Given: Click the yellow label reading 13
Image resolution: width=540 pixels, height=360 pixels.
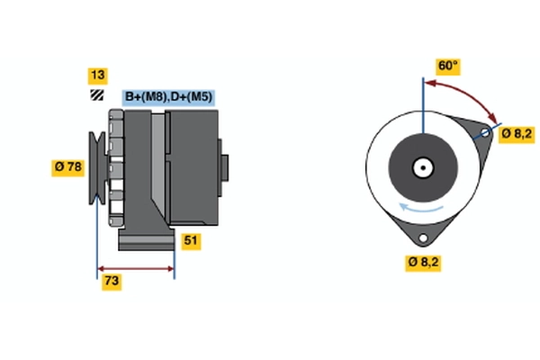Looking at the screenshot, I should [x=96, y=75].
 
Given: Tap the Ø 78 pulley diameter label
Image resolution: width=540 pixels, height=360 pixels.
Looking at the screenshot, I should [x=68, y=166].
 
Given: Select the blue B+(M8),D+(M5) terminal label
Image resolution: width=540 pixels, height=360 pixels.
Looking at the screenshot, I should [x=168, y=97].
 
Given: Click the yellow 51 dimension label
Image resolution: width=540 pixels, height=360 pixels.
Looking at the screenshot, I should [x=190, y=240].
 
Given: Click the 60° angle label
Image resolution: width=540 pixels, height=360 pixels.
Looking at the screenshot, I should [x=447, y=66].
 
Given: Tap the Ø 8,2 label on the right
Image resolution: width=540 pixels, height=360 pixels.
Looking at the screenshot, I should [x=517, y=134].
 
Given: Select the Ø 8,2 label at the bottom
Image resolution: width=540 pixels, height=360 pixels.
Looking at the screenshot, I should [x=422, y=263].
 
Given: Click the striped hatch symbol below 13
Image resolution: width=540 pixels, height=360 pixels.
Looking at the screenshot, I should [x=96, y=95].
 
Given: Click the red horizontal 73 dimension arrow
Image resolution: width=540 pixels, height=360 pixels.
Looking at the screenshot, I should [x=136, y=268].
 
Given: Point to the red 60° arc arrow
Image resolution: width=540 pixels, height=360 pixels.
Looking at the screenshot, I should [x=468, y=95].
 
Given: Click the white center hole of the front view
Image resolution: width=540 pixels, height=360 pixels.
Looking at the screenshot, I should [x=421, y=167].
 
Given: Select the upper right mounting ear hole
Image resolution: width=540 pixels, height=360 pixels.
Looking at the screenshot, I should [x=485, y=134].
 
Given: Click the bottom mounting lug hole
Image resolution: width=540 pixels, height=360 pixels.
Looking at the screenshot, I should [x=422, y=238].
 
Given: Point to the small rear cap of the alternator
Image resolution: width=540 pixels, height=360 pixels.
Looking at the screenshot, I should [x=223, y=168].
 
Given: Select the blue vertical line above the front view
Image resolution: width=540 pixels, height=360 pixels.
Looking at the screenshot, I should [x=421, y=99].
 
